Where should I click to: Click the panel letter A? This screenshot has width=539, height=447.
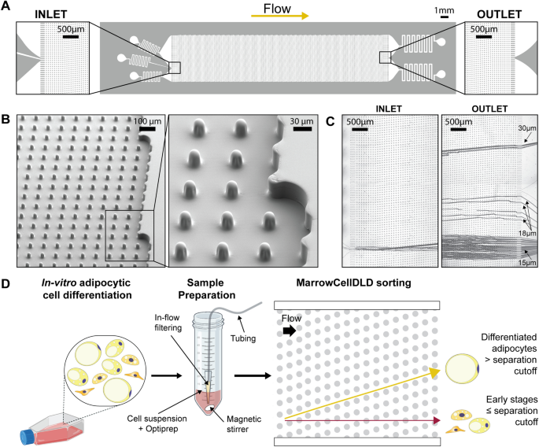7,7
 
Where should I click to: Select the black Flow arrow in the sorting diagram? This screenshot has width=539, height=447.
288,333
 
